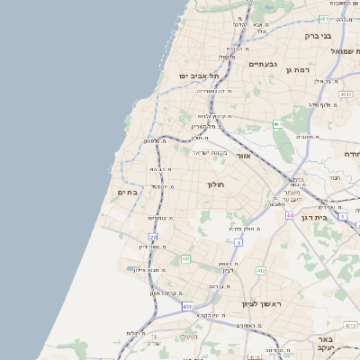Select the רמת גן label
pyautogui.click(x=297, y=70)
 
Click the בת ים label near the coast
pyautogui.click(x=128, y=192)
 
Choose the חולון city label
pyautogui.click(x=215, y=184)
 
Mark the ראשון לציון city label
pyautogui.click(x=263, y=304)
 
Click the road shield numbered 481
pyautogui.click(x=322, y=18)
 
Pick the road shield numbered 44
pyautogui.click(x=290, y=216)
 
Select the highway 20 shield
pyautogui.click(x=153, y=237)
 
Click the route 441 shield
pyautogui.click(x=185, y=259)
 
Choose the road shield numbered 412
pyautogui.click(x=260, y=270)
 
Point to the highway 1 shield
pyautogui.click(x=343, y=217)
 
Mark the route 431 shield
pyautogui.click(x=187, y=307)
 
